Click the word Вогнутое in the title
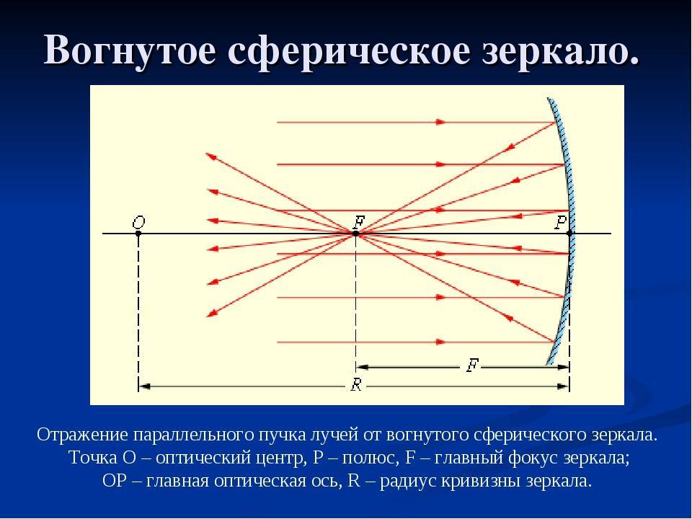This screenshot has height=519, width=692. click(x=130, y=50)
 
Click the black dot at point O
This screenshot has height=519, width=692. click(x=138, y=233)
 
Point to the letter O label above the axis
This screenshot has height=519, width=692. click(x=138, y=222)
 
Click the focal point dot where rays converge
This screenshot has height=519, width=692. click(x=355, y=233)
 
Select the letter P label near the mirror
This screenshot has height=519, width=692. click(x=561, y=222)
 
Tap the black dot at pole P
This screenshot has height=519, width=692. click(x=569, y=233)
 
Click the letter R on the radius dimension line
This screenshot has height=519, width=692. click(x=356, y=385)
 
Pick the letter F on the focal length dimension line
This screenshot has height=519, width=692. click(x=472, y=365)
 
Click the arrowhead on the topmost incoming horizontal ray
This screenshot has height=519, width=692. click(x=440, y=123)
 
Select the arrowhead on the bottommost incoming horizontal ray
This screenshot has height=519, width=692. click(x=440, y=342)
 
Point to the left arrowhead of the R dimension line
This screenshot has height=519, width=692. click(x=144, y=386)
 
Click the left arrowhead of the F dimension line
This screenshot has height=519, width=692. click(x=363, y=367)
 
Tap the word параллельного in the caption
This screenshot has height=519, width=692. click(x=192, y=435)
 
